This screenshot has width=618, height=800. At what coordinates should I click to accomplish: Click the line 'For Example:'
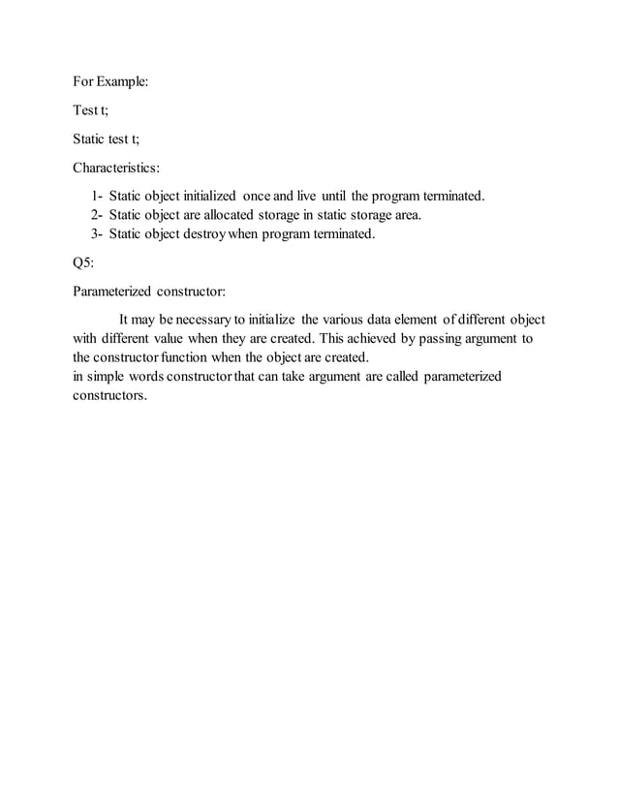coord(111,83)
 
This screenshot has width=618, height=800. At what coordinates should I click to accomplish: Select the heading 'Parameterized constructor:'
coord(148,290)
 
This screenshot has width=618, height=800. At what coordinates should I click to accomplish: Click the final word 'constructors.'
coord(110,395)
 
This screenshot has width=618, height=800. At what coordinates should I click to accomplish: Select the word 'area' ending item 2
coord(406,215)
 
